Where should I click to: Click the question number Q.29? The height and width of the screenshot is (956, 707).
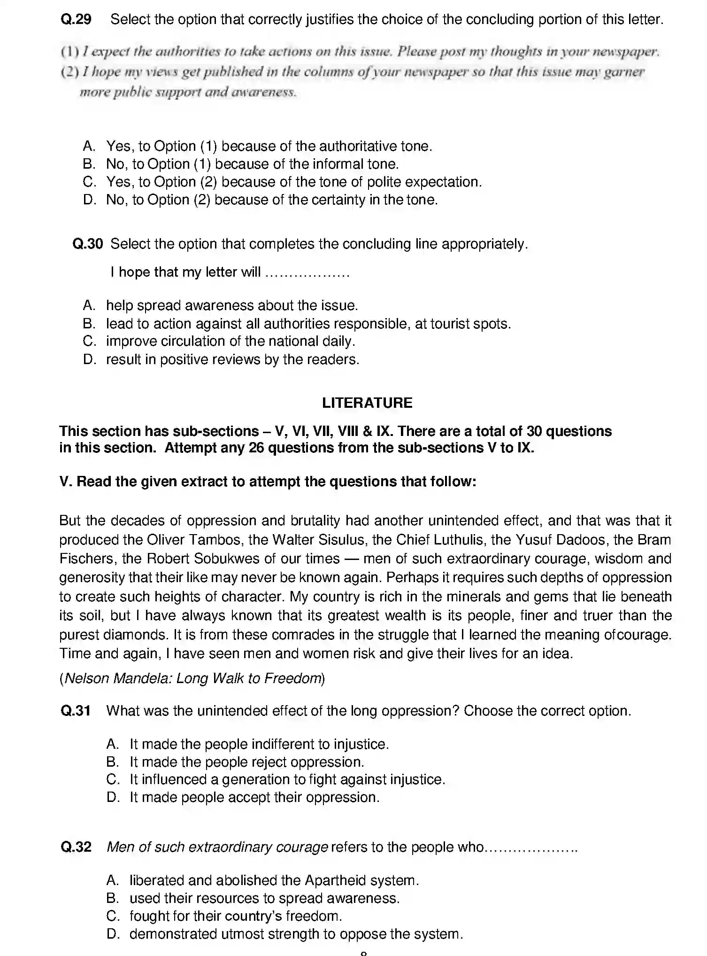tap(76, 20)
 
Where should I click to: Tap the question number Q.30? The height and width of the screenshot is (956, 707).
tap(88, 244)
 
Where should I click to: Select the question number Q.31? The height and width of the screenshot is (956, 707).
tap(76, 710)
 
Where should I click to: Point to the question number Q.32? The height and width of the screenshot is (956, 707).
tap(76, 847)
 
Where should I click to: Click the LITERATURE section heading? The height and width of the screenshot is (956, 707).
tap(367, 403)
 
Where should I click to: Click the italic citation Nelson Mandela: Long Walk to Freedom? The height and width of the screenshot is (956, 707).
tap(192, 678)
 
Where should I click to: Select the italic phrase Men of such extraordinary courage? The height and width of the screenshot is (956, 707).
tap(217, 847)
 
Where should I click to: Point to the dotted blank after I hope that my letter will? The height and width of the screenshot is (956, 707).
tap(307, 273)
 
